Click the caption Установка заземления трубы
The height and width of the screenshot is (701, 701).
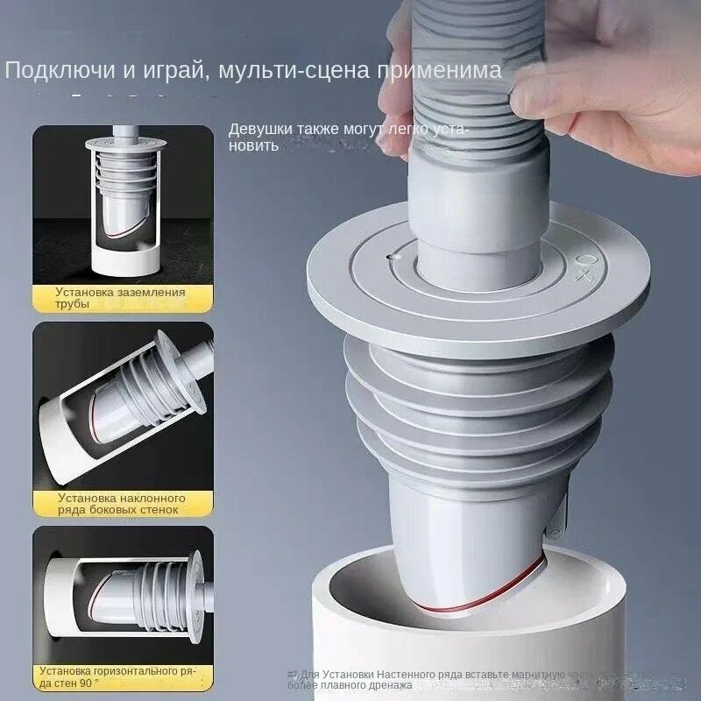click(x=120, y=298)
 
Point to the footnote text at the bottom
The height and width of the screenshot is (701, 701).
click(x=491, y=679)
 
